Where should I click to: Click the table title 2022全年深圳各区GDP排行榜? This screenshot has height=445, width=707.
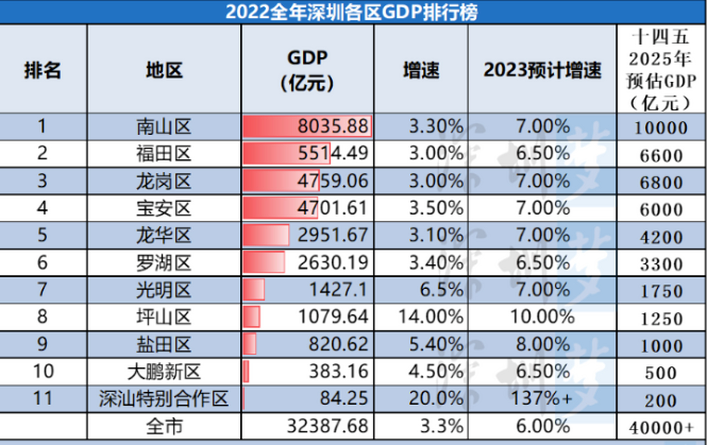click(351, 12)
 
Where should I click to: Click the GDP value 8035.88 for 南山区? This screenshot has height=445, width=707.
click(332, 126)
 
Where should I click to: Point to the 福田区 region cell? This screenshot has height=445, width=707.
click(164, 154)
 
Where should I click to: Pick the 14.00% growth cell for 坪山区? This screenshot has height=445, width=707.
click(430, 317)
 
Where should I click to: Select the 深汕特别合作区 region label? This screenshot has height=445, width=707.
click(164, 398)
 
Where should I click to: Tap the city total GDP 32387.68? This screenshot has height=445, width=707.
click(327, 426)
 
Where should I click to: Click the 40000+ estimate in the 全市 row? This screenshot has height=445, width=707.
click(661, 427)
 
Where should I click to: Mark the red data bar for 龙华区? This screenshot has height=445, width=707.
click(266, 235)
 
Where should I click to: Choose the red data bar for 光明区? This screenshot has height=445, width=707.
click(254, 289)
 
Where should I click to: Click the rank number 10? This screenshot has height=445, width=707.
click(43, 371)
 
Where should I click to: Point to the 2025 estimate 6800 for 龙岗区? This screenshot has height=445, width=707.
click(661, 182)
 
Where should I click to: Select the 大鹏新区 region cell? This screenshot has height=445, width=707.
click(164, 371)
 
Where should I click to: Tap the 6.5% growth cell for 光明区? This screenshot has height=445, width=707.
click(441, 290)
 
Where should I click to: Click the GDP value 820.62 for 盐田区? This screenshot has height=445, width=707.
click(338, 344)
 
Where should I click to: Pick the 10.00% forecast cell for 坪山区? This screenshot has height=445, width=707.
click(542, 317)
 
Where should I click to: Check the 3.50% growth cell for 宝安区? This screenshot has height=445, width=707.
click(436, 208)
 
